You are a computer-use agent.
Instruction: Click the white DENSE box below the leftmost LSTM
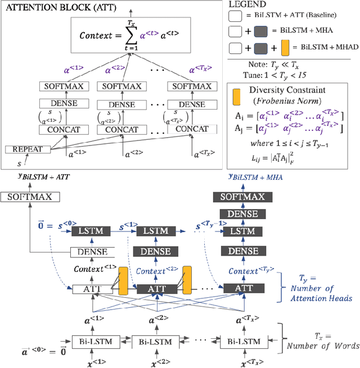pyautogui.click(x=92, y=252)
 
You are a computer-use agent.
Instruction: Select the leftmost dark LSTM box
pyautogui.click(x=92, y=231)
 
